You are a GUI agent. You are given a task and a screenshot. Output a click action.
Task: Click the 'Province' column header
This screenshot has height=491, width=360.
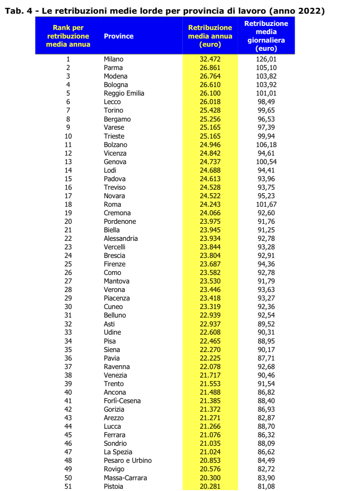click(x=119, y=36)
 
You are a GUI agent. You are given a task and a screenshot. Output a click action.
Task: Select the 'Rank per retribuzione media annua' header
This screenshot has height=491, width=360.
click(x=68, y=36)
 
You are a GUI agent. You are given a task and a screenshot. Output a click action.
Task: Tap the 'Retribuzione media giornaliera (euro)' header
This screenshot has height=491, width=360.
click(x=266, y=36)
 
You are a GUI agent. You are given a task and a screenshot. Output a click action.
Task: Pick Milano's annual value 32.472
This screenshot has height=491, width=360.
click(x=210, y=59)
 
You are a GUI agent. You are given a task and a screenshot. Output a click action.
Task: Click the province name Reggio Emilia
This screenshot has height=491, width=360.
click(x=124, y=93)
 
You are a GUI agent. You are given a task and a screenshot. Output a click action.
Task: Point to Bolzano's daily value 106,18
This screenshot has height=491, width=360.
click(x=266, y=145)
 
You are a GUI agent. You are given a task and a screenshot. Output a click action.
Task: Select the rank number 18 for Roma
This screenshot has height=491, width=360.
click(x=68, y=204)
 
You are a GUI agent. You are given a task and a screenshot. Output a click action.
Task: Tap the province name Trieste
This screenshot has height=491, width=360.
click(x=114, y=136)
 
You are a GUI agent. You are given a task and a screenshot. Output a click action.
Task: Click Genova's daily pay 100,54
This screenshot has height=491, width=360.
click(x=266, y=162)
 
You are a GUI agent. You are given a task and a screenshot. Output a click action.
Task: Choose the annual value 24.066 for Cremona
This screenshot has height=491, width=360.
click(x=210, y=213)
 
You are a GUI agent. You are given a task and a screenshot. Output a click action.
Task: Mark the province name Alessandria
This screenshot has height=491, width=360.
click(x=121, y=238)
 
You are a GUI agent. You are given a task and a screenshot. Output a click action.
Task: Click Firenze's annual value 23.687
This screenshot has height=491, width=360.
click(x=210, y=264)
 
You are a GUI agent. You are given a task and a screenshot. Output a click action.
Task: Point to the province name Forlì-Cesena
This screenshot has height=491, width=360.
click(x=122, y=401)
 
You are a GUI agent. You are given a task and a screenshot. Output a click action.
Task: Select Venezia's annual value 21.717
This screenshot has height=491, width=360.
click(x=210, y=375)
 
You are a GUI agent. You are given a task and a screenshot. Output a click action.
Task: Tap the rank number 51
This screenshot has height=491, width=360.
click(x=68, y=486)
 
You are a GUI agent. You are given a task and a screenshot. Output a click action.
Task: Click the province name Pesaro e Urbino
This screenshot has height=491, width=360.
click(x=128, y=460)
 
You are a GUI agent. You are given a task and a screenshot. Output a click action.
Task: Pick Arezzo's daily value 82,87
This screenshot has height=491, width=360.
click(x=266, y=418)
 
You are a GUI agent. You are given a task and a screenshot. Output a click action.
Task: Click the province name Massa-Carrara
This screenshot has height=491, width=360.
click(x=125, y=478)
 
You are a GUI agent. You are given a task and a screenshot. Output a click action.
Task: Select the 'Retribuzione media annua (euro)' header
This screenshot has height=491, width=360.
click(x=210, y=36)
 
